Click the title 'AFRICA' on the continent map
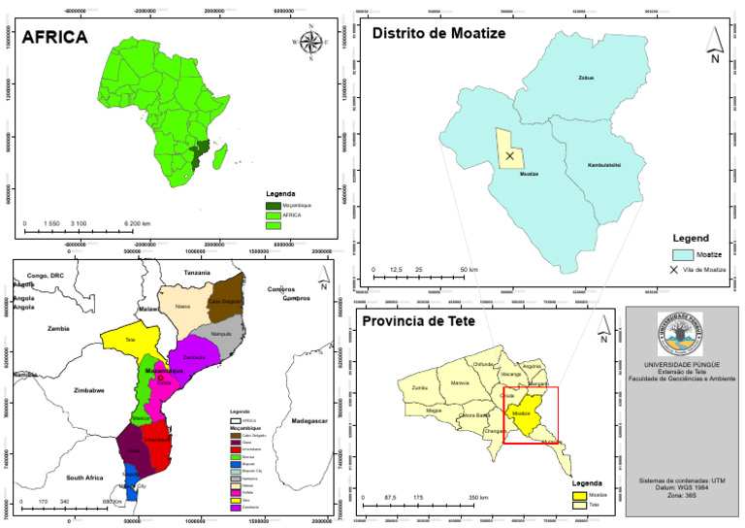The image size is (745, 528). [55, 39]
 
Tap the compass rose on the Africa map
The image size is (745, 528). [311, 42]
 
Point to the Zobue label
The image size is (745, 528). [584, 77]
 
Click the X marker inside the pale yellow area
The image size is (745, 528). [509, 155]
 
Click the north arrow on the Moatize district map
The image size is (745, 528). [714, 45]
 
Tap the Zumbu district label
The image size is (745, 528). [419, 387]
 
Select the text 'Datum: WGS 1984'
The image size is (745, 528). [682, 489]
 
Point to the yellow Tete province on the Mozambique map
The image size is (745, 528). [129, 341]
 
